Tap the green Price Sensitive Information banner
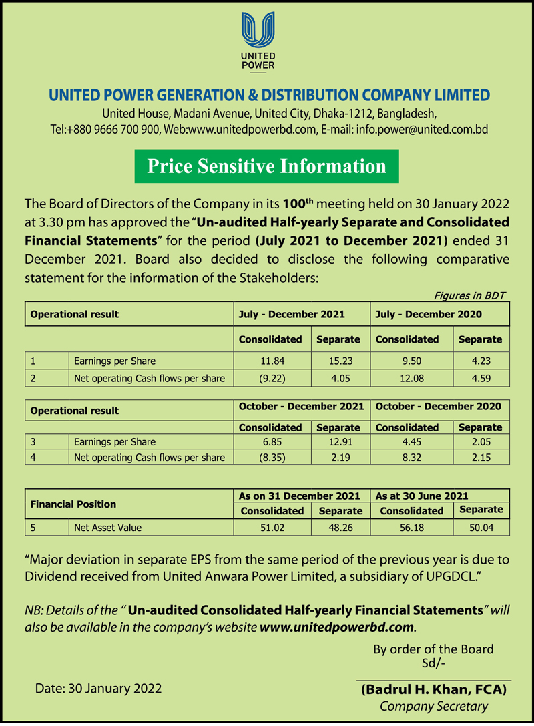click(x=266, y=166)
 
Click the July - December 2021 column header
click(x=292, y=314)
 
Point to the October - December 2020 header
click(x=439, y=406)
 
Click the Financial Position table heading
click(x=73, y=504)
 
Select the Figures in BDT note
click(x=469, y=295)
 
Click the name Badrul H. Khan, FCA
click(x=434, y=689)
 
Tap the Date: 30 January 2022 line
click(x=98, y=687)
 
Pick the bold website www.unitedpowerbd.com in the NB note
click(x=336, y=628)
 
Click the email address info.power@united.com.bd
click(x=423, y=130)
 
